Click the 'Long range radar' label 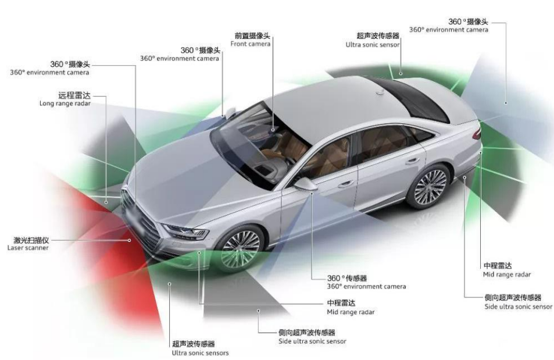click(x=65, y=104)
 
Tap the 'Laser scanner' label click(x=28, y=248)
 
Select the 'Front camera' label click(x=251, y=44)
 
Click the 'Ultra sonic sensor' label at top click(x=373, y=45)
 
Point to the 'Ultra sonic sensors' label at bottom click(x=201, y=353)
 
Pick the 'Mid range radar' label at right click(x=507, y=275)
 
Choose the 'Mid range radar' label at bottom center click(x=351, y=312)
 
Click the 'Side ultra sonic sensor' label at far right click(x=519, y=306)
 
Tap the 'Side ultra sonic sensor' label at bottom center click(x=312, y=341)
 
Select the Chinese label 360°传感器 click(x=347, y=279)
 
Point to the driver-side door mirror click(x=306, y=184)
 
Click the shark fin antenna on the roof click(x=380, y=92)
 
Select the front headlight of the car click(x=186, y=231)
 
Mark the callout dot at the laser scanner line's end click(x=129, y=240)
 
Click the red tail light click(x=477, y=133)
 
